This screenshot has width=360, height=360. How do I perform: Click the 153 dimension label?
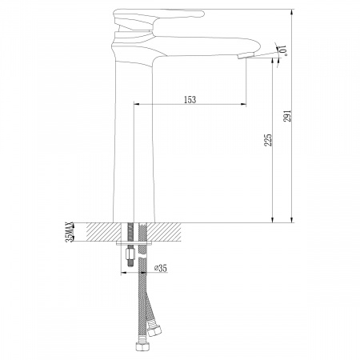tap(190, 100)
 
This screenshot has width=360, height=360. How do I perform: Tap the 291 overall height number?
tap(287, 116)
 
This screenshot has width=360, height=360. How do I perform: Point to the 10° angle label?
tap(283, 50)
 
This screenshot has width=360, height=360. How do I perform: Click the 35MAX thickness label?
tap(70, 232)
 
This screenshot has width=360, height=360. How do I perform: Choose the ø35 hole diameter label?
tap(161, 268)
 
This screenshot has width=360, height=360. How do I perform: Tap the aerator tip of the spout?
tap(246, 56)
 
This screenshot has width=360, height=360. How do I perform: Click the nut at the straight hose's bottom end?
tap(141, 346)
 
